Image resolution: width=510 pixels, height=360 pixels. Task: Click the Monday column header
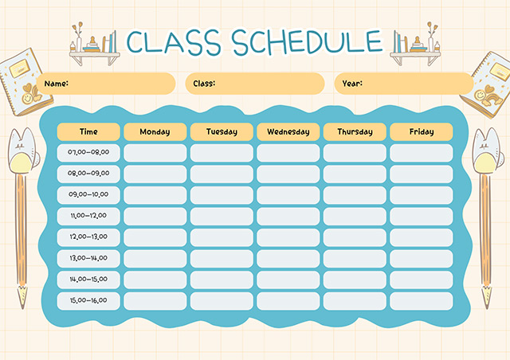pos(155,131)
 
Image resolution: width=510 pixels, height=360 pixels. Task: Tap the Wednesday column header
pos(288,131)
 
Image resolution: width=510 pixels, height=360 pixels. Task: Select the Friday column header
pos(422,131)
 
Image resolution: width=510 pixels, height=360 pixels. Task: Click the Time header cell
pos(88,131)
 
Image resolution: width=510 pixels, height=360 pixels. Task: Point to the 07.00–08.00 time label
pos(88,152)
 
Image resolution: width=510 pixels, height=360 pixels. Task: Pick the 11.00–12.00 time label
pos(88,216)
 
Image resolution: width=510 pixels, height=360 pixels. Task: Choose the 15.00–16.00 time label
pos(88,300)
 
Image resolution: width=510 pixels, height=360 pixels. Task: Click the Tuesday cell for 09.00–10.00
pos(222,195)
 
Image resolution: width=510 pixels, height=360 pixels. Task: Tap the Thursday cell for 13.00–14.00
pos(355,259)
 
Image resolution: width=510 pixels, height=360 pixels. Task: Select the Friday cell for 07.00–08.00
pos(422,153)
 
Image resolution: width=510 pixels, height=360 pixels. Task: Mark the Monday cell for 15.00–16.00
pos(155,301)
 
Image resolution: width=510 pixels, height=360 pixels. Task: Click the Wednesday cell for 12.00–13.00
pos(288,237)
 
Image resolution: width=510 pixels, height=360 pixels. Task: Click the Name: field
pos(106,84)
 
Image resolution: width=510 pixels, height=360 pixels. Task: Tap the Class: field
pos(255,84)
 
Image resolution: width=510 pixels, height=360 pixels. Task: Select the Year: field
pos(404,84)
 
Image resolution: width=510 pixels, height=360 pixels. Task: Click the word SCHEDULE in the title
pos(308,41)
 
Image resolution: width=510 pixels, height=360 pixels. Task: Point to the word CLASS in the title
pos(174,41)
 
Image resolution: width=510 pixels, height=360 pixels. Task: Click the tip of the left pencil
pos(23,307)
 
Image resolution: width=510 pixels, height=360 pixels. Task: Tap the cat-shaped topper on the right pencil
pos(486,151)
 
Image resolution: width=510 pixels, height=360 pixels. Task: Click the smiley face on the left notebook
pos(27,98)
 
